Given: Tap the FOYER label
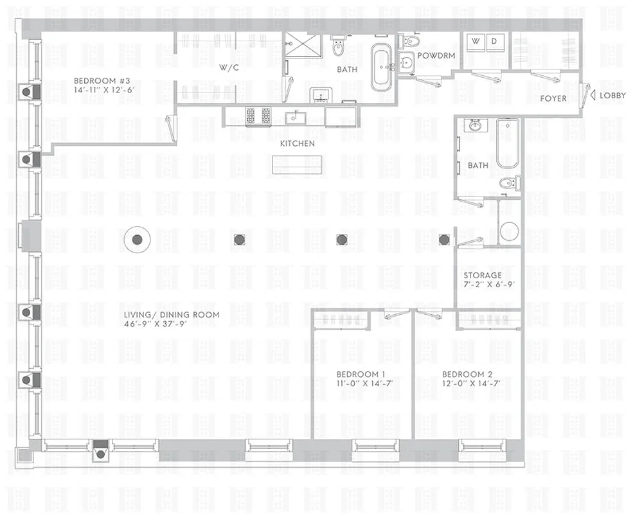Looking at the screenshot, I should coord(553,98).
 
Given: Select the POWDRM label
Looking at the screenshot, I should coord(436,56).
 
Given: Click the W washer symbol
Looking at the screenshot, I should coord(476,40).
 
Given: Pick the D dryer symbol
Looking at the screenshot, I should coord(494,40).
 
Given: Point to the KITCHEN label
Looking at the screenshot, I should coord(297,143).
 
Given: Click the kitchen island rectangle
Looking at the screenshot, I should coord(296,164).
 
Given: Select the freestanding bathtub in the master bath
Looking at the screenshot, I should coord(383,67).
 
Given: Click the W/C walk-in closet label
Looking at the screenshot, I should coord(229,67).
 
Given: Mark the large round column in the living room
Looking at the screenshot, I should coord(137,240).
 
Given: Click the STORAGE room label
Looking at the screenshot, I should coord(483,275).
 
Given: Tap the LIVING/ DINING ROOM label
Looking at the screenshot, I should coord(172,315).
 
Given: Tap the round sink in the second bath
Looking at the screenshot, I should coord(474,125).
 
